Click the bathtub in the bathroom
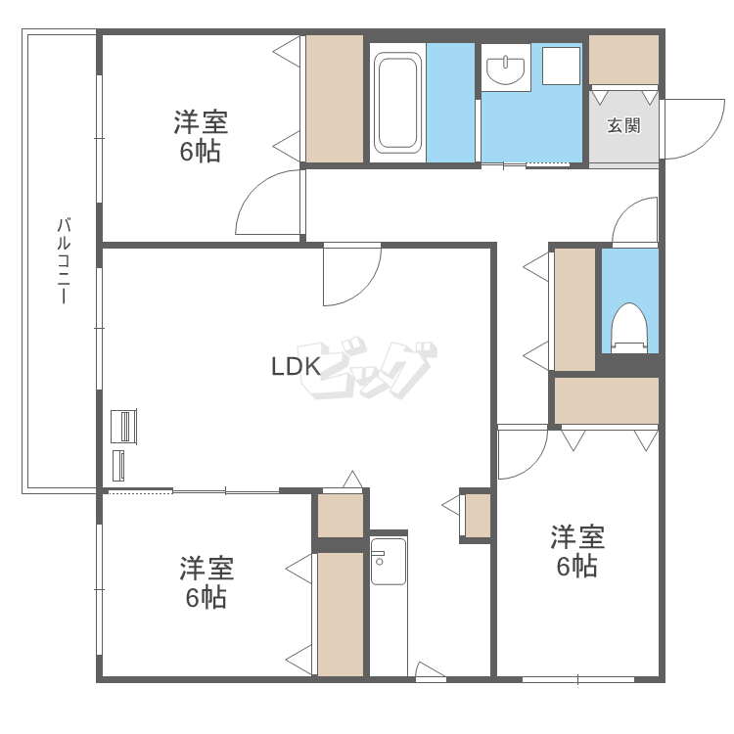click(397, 103)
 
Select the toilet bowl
click(629, 328)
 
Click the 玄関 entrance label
click(623, 125)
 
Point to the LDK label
click(296, 366)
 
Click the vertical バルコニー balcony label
click(65, 260)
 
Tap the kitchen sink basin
click(389, 562)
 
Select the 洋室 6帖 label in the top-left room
click(201, 136)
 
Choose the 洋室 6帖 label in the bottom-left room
click(206, 582)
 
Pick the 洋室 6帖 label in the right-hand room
click(577, 551)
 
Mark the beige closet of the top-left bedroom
click(335, 99)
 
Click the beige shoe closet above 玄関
click(623, 60)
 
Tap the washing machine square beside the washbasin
click(561, 66)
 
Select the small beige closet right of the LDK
click(478, 516)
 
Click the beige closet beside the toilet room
click(574, 309)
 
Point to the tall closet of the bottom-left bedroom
click(341, 615)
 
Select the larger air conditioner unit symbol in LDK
click(123, 426)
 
